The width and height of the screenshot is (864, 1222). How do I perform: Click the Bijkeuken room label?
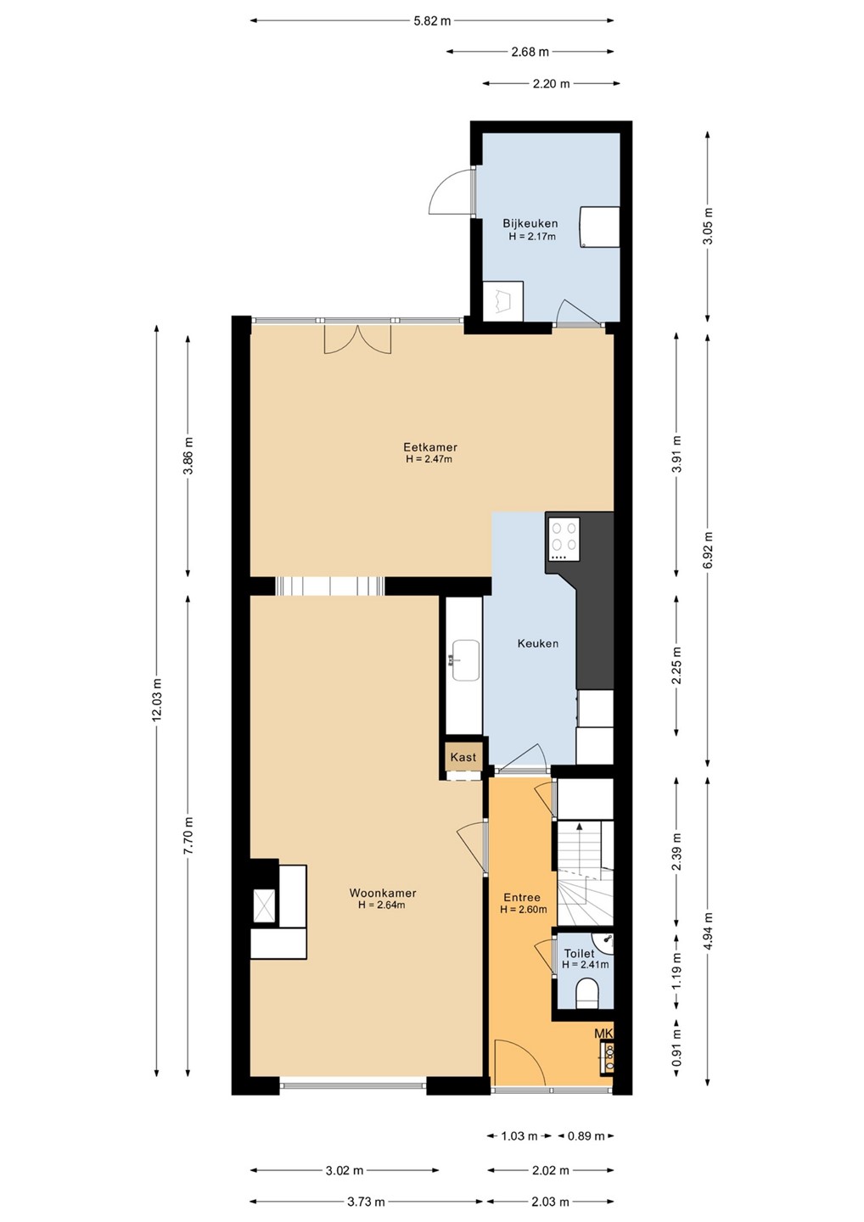pyautogui.click(x=530, y=224)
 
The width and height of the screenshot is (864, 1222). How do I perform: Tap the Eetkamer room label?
pyautogui.click(x=429, y=446)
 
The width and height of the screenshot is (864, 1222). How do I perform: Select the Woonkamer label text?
pyautogui.click(x=383, y=893)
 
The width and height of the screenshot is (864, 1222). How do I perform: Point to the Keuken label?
pyautogui.click(x=537, y=643)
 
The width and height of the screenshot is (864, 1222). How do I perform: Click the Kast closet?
pyautogui.click(x=463, y=757)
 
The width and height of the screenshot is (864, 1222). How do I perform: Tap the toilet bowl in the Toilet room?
pyautogui.click(x=587, y=994)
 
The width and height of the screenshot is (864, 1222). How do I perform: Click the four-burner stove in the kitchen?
pyautogui.click(x=564, y=539)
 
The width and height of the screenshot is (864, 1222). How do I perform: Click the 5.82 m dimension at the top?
pyautogui.click(x=432, y=21)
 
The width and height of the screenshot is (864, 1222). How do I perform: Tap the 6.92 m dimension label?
pyautogui.click(x=708, y=550)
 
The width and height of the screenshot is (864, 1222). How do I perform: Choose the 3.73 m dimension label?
pyautogui.click(x=366, y=1202)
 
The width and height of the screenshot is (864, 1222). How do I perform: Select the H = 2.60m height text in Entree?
pyautogui.click(x=523, y=910)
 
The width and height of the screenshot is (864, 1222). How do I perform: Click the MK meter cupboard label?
pyautogui.click(x=603, y=1034)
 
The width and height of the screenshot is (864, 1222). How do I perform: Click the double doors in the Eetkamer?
pyautogui.click(x=358, y=339)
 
